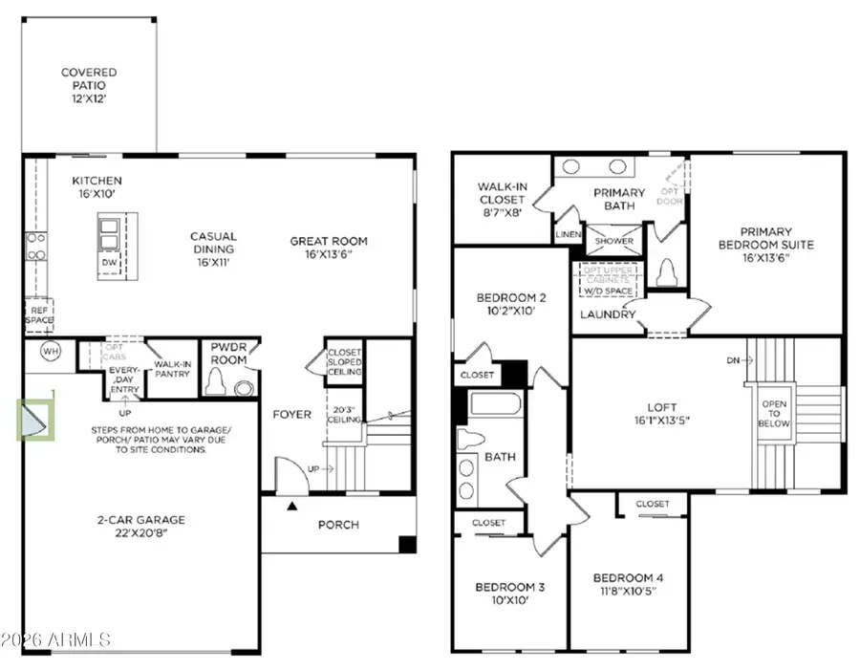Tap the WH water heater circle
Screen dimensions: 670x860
(50, 351)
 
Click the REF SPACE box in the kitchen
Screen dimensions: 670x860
(39, 313)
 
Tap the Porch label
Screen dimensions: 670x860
(338, 524)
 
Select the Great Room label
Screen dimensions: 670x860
(329, 241)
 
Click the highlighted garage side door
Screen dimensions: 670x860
(37, 421)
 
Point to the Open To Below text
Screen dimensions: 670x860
(773, 414)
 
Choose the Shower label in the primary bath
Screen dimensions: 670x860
(614, 241)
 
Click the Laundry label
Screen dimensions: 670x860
(608, 314)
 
